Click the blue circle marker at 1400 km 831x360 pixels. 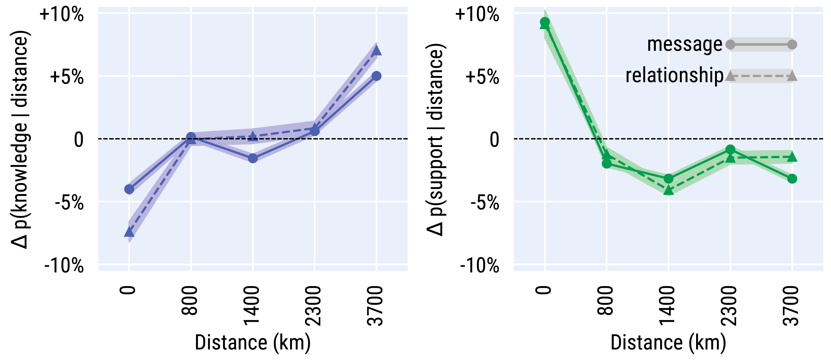(253, 158)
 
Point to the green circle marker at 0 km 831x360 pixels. (545, 22)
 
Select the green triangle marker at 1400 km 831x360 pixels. (669, 190)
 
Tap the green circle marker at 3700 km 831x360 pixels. (792, 178)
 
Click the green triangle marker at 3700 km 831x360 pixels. (792, 157)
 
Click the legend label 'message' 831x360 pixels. (684, 45)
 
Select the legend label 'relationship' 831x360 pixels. (674, 75)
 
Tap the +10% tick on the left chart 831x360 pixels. (61, 14)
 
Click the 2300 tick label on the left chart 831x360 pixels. (314, 306)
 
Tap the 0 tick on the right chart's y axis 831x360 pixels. (494, 140)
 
